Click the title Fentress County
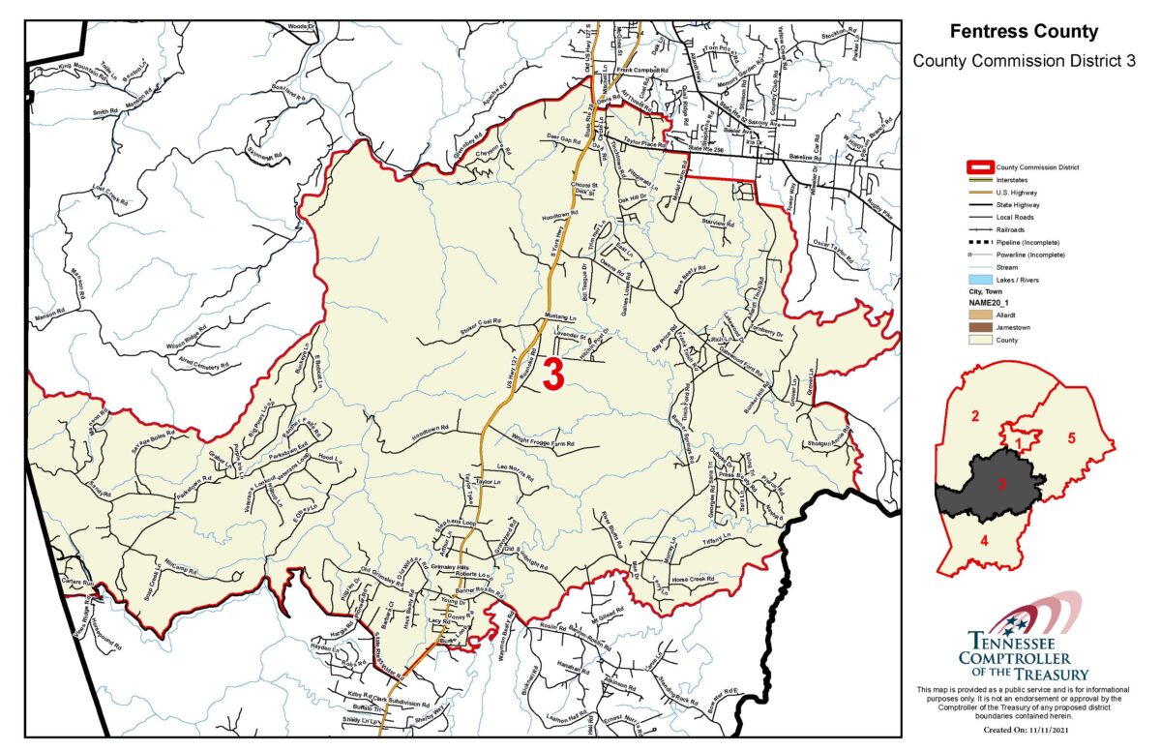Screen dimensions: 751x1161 [1024, 32]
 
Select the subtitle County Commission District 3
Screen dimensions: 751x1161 [1024, 61]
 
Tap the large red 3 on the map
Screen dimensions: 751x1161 [553, 375]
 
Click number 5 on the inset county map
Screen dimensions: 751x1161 [1071, 436]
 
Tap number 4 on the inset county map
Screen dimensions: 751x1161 [984, 539]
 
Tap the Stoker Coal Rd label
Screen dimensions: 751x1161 [485, 328]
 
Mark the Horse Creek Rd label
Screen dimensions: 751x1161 [693, 579]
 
